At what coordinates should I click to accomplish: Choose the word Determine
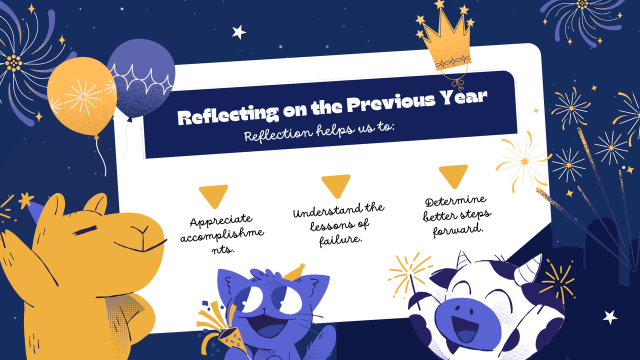[455, 202]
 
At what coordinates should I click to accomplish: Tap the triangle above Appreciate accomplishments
[213, 194]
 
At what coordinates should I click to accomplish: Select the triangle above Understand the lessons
[336, 184]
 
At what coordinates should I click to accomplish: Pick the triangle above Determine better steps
[453, 174]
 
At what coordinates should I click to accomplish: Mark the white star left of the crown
[239, 32]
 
